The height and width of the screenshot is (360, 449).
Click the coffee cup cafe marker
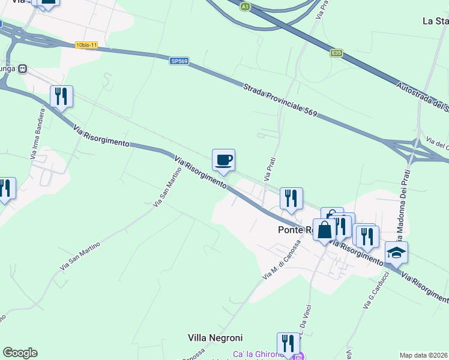(223, 160)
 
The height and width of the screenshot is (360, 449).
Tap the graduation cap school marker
(396, 253)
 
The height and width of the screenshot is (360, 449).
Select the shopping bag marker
(324, 230)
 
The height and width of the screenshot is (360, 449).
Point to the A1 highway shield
(244, 7)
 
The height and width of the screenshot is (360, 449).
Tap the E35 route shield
(337, 53)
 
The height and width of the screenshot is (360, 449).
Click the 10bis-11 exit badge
(86, 45)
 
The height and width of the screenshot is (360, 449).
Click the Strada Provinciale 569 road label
(280, 100)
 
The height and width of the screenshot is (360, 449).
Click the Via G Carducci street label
(376, 291)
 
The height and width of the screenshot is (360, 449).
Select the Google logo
(20, 353)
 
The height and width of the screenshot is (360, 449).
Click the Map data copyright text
(423, 355)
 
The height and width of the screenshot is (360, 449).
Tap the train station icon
(23, 68)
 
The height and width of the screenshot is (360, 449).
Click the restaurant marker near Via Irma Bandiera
(61, 96)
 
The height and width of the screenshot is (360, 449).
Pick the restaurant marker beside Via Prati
(291, 199)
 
